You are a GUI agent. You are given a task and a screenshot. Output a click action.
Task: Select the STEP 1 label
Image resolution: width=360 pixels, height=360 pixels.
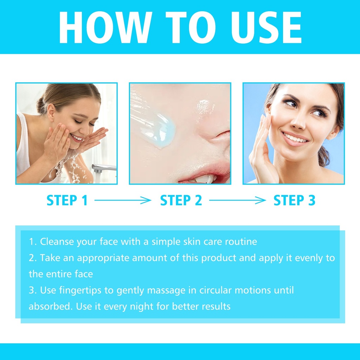point(67,200)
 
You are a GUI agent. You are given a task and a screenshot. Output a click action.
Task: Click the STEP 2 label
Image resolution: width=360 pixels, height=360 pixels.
point(181,200)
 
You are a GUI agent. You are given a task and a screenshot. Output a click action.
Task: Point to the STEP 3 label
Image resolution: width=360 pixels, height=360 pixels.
point(294,200)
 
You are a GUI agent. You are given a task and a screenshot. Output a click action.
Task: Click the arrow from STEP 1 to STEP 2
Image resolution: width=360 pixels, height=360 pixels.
point(123,200)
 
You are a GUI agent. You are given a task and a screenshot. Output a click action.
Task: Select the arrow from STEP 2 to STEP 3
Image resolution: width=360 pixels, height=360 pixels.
point(237,200)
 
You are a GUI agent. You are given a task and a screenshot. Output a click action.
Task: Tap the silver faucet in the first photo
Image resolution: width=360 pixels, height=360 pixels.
point(103,169)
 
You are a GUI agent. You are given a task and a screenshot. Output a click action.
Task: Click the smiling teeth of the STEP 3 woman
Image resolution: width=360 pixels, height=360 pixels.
point(295,137)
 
